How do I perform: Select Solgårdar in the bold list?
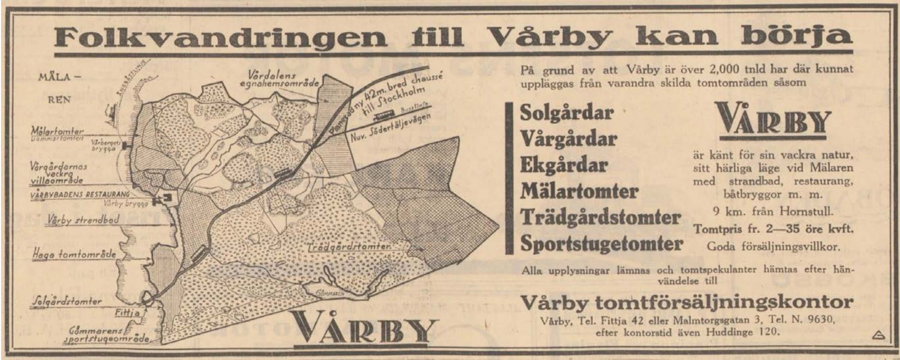[567, 113]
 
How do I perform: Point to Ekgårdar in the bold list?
[564, 165]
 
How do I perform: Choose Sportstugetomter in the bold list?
[601, 244]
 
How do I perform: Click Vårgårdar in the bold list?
[568, 139]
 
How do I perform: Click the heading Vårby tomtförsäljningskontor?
[686, 302]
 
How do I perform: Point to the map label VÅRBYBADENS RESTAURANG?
[80, 194]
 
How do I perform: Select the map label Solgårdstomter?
[67, 302]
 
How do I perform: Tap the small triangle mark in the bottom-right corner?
[876, 335]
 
